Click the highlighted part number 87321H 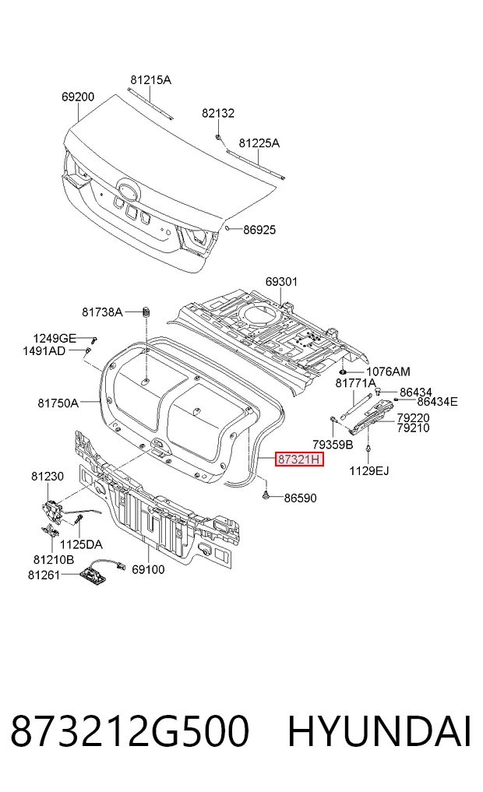point(298,459)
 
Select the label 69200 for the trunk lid point(78,97)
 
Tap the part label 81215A point(150,79)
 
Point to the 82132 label point(218,113)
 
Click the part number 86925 point(259,230)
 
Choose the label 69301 point(281,281)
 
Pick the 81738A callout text point(102,312)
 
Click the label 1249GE point(55,339)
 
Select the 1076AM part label point(388,371)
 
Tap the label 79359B point(333,445)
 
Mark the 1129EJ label point(368,471)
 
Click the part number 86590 point(300,498)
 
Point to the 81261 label point(44,575)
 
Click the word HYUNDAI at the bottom point(379,731)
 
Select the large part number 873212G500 point(130,731)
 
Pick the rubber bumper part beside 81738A point(146,311)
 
